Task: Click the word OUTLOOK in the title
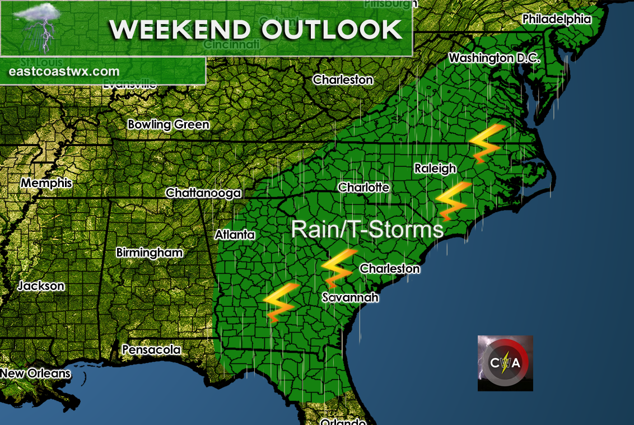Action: (332, 30)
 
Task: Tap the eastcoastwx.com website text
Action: (64, 72)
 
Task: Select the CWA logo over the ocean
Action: (505, 363)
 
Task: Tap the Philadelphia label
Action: (557, 19)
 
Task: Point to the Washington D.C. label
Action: (494, 58)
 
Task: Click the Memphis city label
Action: (47, 183)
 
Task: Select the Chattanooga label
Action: (203, 193)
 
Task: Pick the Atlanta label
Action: (235, 235)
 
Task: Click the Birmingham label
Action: (149, 253)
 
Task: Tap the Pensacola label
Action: (151, 350)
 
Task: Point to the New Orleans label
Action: (35, 373)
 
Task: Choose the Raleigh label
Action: (435, 169)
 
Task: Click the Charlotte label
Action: (363, 188)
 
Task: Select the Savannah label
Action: (350, 297)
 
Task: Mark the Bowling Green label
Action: (168, 125)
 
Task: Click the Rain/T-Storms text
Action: (367, 229)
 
